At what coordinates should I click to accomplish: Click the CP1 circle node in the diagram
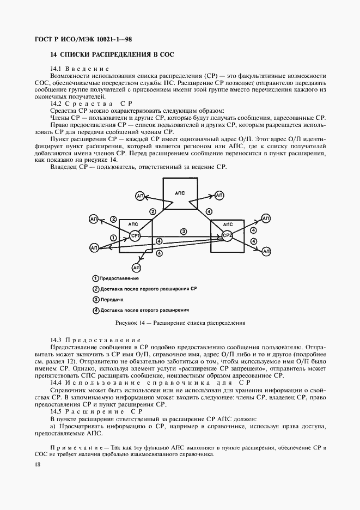[x=135, y=236]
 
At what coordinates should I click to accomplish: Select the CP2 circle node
[x=227, y=236]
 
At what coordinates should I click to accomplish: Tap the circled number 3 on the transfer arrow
[x=184, y=232]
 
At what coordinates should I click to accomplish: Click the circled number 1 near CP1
[x=113, y=238]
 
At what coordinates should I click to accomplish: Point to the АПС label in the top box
[x=180, y=193]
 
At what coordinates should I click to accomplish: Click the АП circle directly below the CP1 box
[x=136, y=268]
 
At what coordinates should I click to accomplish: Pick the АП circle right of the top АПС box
[x=219, y=195]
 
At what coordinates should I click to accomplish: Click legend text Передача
[x=112, y=300]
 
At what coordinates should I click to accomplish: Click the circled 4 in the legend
[x=96, y=311]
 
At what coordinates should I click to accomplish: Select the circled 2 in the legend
[x=96, y=289]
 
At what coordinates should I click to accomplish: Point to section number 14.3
[x=57, y=339]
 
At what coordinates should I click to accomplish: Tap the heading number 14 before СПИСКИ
[x=53, y=54]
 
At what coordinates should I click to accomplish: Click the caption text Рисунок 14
[x=130, y=323]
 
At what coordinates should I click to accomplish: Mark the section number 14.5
[x=57, y=411]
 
